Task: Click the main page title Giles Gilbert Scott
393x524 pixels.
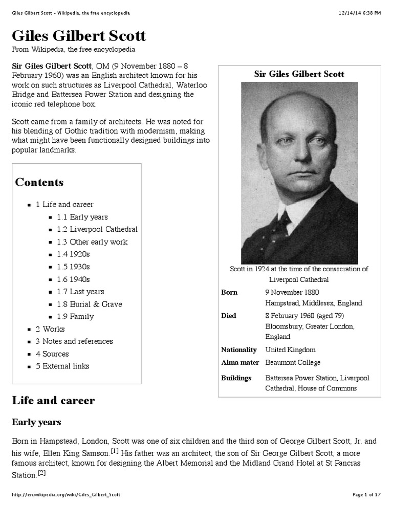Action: (79, 36)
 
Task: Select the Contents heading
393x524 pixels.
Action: (39, 182)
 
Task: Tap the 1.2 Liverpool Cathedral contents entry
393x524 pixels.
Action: (97, 229)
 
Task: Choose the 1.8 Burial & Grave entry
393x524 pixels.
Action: (89, 304)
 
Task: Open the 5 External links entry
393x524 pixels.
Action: (62, 366)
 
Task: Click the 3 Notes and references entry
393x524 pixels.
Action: (74, 341)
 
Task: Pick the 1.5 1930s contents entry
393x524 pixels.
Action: (73, 267)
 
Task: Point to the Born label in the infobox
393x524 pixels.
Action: (229, 292)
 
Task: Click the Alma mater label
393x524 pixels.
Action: (238, 362)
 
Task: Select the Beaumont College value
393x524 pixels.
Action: (293, 362)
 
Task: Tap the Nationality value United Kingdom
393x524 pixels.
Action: (290, 350)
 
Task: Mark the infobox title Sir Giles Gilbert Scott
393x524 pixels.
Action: (299, 74)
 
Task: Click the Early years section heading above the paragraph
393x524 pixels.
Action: (36, 422)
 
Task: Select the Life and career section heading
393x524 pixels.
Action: (53, 400)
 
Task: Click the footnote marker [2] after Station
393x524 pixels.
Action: (41, 473)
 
